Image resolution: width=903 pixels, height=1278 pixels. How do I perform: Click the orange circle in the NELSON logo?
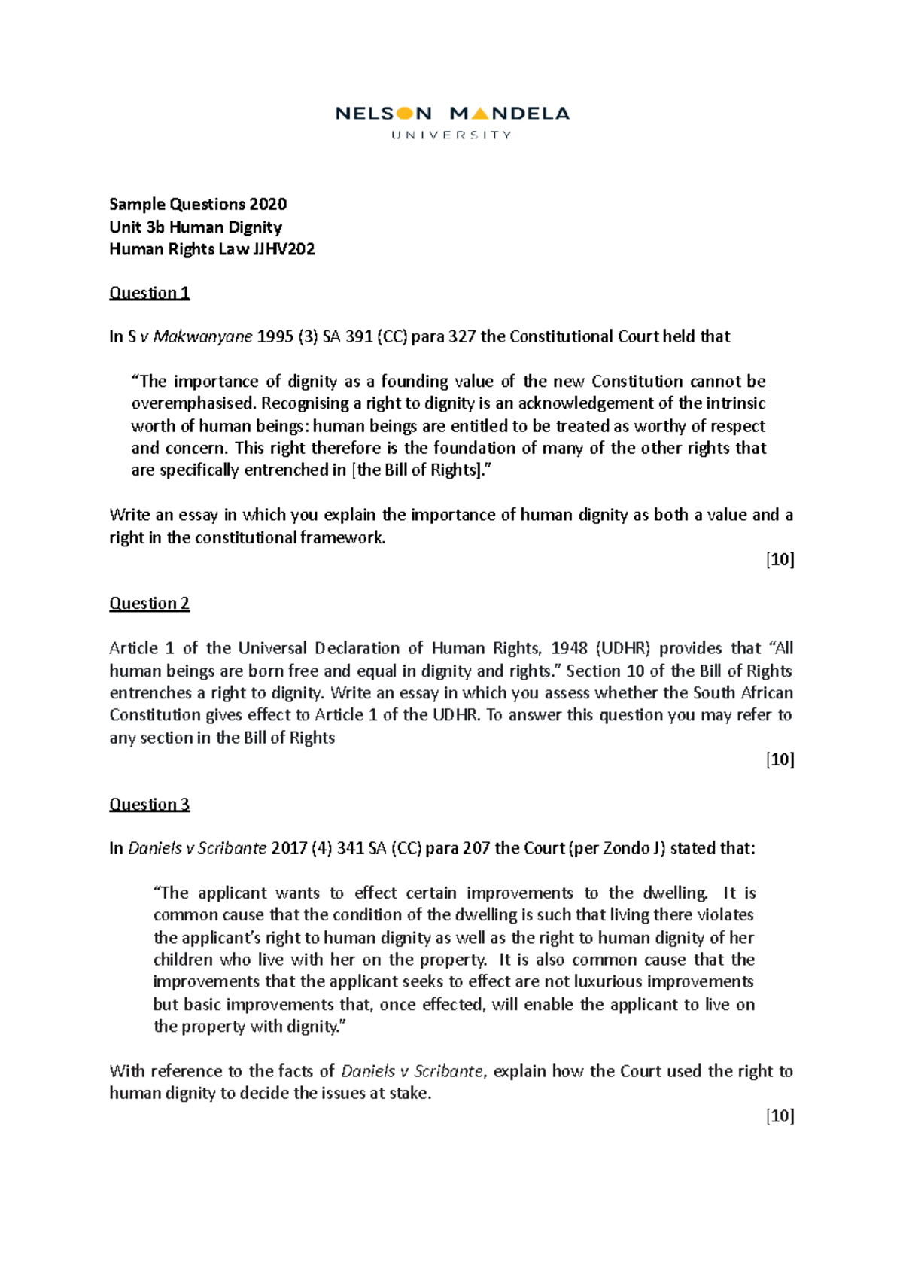click(x=405, y=114)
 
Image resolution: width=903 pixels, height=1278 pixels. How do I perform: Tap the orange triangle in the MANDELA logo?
click(x=480, y=114)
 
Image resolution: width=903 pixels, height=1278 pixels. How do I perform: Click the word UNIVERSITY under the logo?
click(x=451, y=135)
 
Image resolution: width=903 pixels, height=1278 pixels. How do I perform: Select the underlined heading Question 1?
click(x=149, y=293)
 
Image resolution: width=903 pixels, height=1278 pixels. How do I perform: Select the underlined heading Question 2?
click(x=149, y=604)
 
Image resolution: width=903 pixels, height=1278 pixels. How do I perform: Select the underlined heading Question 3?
click(x=149, y=805)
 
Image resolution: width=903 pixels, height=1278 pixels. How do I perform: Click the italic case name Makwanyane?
click(x=202, y=337)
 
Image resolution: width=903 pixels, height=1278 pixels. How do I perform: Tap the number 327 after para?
click(x=461, y=337)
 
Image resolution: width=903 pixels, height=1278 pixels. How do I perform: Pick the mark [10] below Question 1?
click(x=780, y=560)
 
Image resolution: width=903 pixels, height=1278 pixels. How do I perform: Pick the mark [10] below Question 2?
click(x=780, y=760)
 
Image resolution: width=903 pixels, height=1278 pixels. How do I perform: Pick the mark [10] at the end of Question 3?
click(x=780, y=1116)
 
